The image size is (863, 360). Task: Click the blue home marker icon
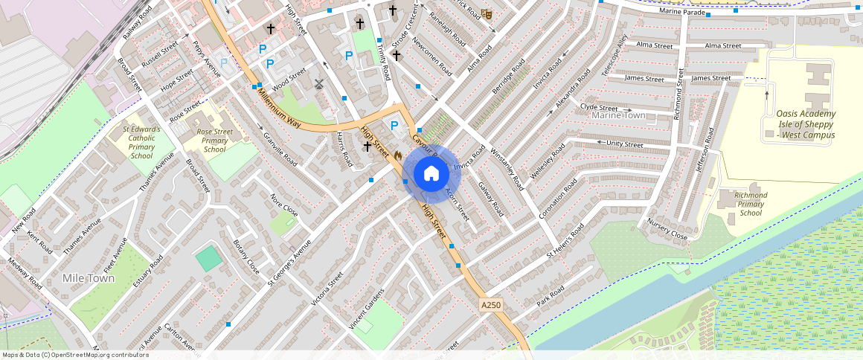(431, 174)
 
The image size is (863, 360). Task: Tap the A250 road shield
(491, 305)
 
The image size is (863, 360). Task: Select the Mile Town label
(89, 278)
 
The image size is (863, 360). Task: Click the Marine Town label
(618, 115)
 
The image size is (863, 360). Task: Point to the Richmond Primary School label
(751, 204)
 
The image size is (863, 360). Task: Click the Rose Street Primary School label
(214, 141)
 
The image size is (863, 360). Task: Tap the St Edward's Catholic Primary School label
(141, 142)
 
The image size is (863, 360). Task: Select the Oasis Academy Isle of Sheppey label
(806, 124)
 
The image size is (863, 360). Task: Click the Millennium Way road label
(275, 108)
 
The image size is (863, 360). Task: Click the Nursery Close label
(667, 229)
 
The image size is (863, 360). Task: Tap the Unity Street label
(624, 144)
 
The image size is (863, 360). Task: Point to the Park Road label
(551, 295)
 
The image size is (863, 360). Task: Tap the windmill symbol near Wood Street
(319, 84)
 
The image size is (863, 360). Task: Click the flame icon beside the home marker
(398, 155)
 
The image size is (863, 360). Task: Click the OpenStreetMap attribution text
(76, 355)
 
